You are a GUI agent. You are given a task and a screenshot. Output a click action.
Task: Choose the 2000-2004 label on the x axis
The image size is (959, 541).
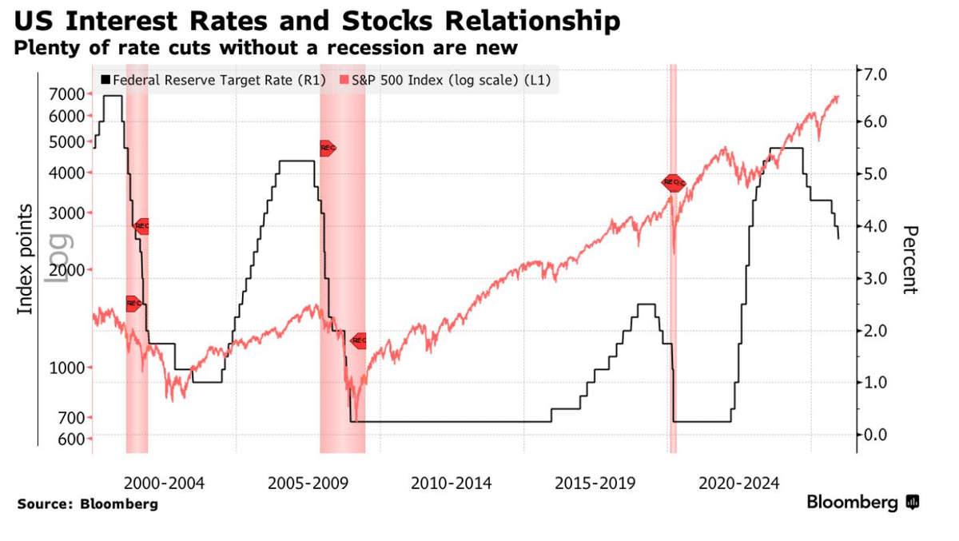pyautogui.click(x=165, y=483)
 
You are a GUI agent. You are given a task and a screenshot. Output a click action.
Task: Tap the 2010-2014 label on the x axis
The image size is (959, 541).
pyautogui.click(x=452, y=483)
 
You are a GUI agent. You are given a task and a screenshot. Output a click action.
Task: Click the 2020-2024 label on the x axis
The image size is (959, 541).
pyautogui.click(x=739, y=483)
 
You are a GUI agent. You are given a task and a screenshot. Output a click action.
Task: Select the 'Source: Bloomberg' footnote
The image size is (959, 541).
pyautogui.click(x=87, y=504)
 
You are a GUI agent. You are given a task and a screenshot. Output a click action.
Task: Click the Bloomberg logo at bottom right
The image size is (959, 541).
pyautogui.click(x=862, y=503)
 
